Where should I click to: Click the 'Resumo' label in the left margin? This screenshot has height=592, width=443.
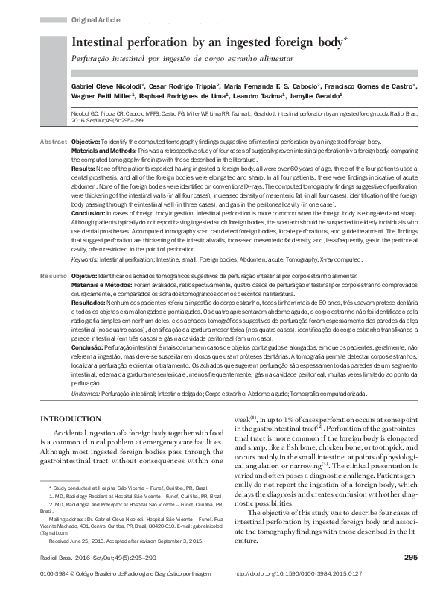click(54, 276)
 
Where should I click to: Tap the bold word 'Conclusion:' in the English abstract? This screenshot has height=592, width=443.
click(89, 212)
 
